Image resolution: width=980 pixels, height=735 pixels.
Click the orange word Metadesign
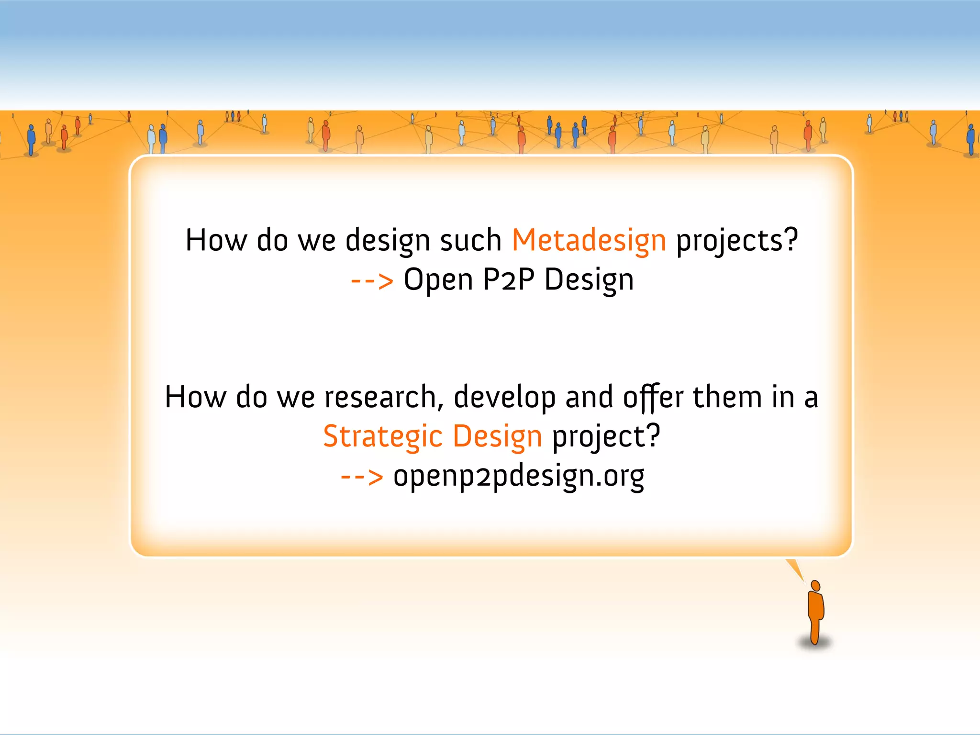[589, 240]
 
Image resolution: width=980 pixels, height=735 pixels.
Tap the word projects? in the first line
[737, 240]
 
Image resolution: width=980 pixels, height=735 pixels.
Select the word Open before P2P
[438, 280]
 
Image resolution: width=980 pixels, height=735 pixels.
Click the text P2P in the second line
[509, 279]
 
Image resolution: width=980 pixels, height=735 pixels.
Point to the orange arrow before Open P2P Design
[372, 281]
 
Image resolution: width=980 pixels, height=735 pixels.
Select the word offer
[653, 397]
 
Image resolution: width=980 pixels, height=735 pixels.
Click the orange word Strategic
[383, 436]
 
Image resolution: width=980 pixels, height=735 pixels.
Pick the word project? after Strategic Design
[606, 436]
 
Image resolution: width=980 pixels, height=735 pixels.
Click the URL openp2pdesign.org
[519, 477]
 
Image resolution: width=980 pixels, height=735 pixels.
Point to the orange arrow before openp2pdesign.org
[362, 477]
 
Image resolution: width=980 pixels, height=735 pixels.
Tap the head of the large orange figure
[816, 586]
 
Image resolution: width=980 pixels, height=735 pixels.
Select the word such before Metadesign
[470, 240]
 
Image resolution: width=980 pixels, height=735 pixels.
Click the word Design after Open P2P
[589, 280]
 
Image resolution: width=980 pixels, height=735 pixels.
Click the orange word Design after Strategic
[497, 436]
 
